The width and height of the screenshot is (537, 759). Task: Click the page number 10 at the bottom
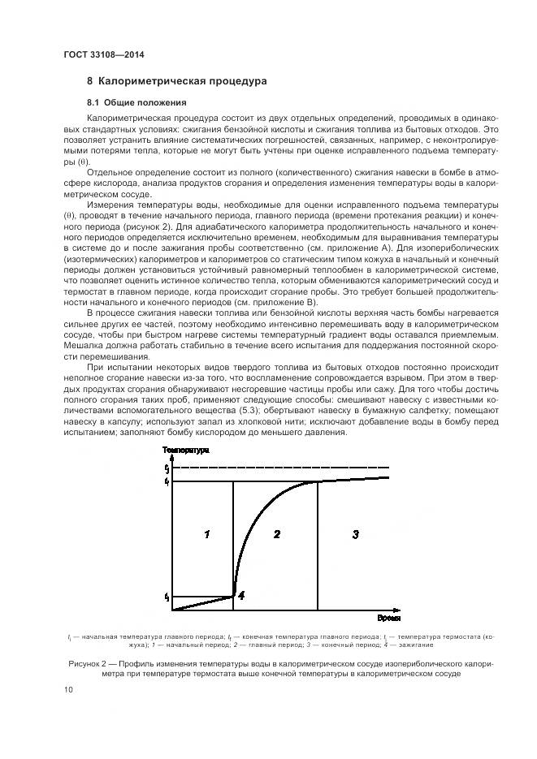(67, 690)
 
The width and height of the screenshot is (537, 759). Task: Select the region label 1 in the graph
(207, 533)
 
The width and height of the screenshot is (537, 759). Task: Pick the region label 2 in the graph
(276, 533)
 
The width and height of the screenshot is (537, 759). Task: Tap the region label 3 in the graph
(355, 533)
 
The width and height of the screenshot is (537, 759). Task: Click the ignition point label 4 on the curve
(241, 595)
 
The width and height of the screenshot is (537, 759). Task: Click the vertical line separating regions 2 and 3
(316, 544)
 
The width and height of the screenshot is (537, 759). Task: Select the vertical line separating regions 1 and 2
(233, 544)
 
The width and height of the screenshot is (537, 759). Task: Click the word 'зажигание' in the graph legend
(417, 645)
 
